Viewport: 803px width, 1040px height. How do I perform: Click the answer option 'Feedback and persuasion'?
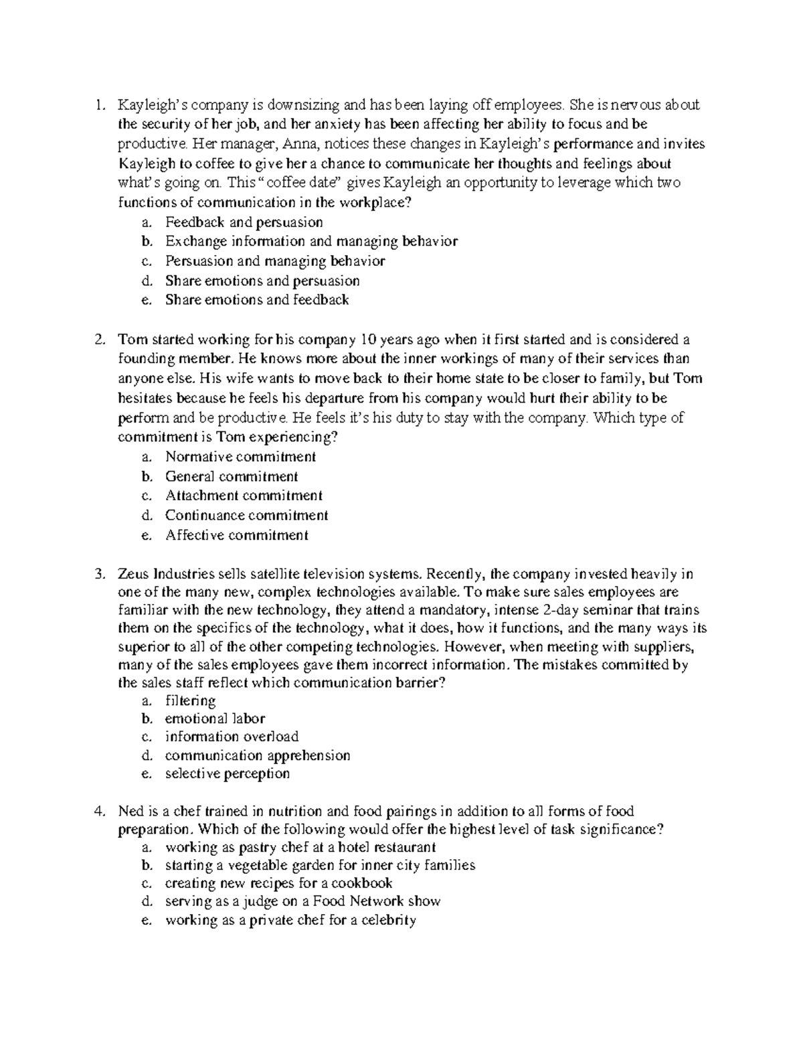point(244,222)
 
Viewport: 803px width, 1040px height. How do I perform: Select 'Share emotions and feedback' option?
point(257,300)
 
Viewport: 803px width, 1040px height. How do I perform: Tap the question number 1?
point(99,105)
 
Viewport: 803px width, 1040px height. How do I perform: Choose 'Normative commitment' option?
point(240,457)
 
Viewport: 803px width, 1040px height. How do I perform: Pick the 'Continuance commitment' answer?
point(246,516)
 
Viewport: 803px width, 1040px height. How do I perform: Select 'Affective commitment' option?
point(236,535)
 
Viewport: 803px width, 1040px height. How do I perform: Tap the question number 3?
point(99,574)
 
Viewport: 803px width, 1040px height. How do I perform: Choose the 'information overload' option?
point(232,737)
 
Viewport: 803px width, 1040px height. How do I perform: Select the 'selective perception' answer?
point(228,773)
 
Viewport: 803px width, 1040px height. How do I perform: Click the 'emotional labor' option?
point(215,719)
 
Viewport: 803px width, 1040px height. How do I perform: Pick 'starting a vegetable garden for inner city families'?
point(320,865)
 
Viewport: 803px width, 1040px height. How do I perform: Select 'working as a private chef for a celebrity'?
point(290,920)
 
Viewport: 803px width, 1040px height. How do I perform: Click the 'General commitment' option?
point(232,477)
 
